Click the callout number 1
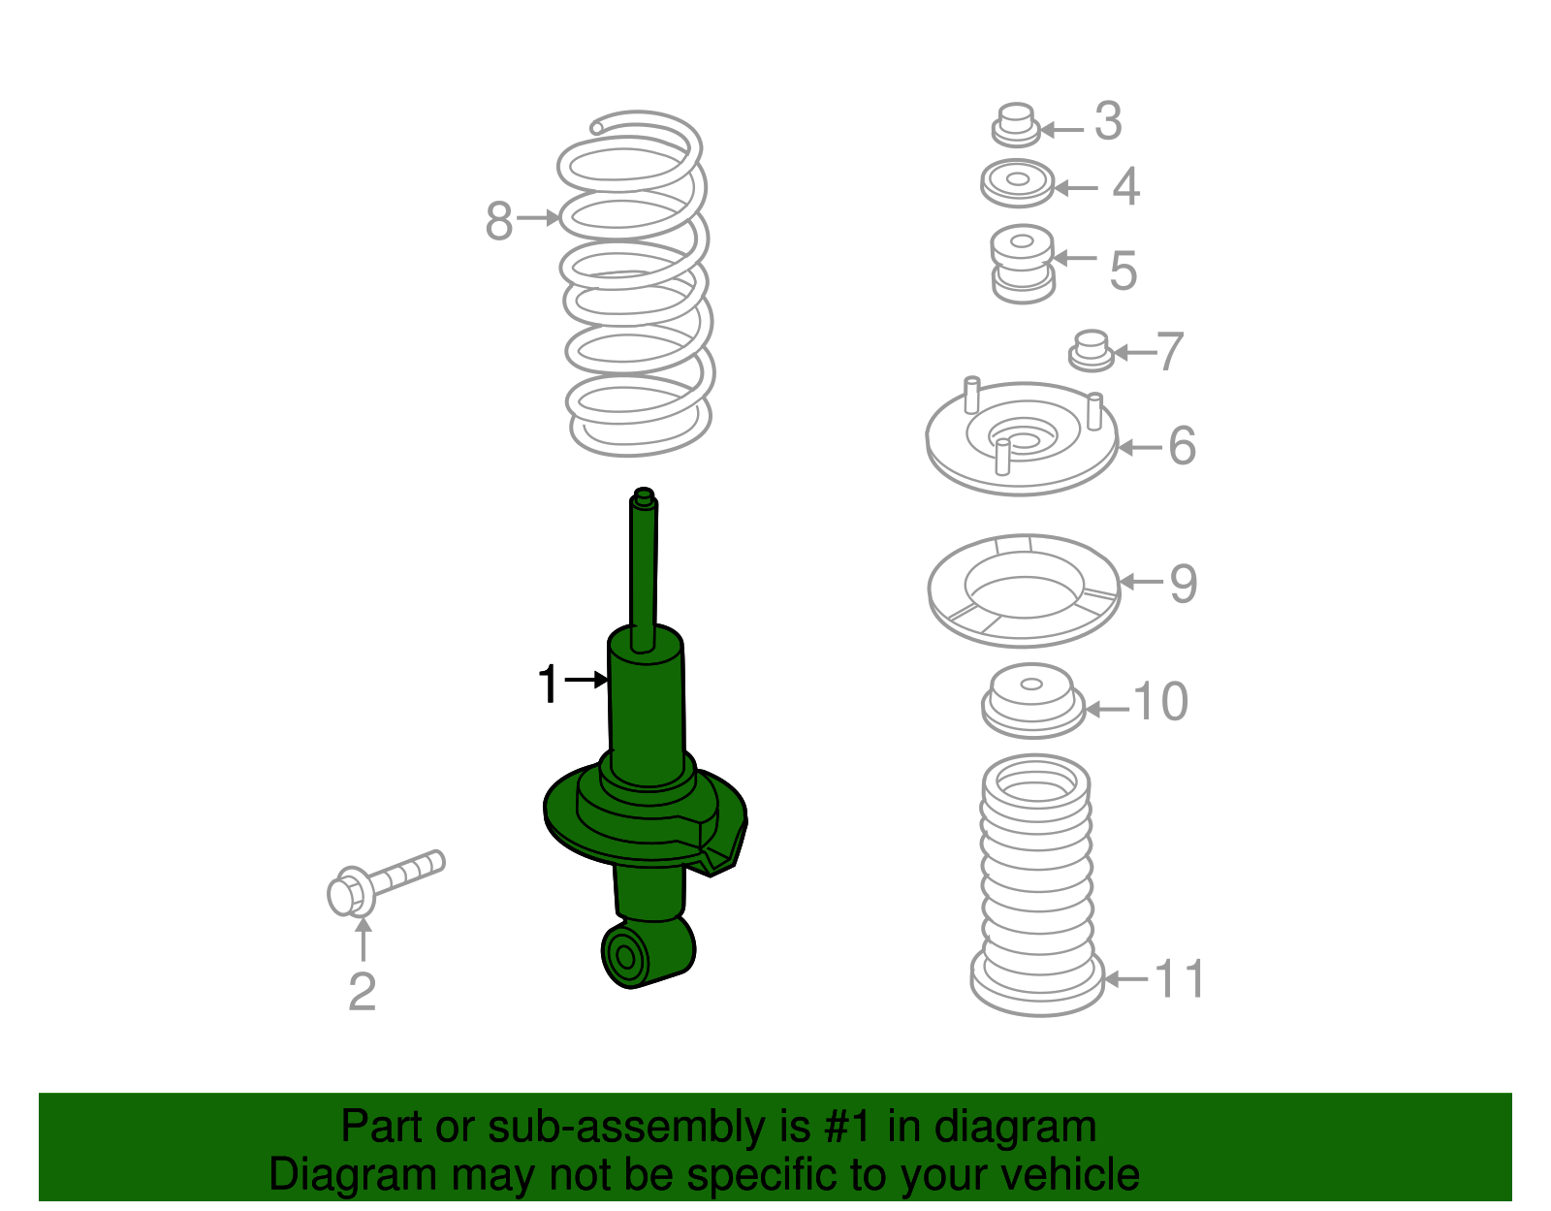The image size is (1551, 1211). tap(549, 684)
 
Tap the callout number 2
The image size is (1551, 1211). tap(362, 991)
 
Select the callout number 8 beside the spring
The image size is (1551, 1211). tap(498, 221)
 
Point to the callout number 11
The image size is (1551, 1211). tap(1180, 978)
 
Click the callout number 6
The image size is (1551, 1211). tap(1182, 446)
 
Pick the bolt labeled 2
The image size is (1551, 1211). tap(384, 881)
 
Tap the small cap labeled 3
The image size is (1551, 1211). tap(1015, 125)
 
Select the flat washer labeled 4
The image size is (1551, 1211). tap(1017, 182)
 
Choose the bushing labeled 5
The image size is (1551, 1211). tap(1022, 263)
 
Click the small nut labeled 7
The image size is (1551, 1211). tap(1092, 350)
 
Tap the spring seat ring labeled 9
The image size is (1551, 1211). tap(1024, 590)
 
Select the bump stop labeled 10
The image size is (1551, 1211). tap(1032, 700)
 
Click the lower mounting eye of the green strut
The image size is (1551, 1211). tap(625, 957)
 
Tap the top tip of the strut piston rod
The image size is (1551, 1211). tap(643, 495)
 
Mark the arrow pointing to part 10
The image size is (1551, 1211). tap(1107, 710)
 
